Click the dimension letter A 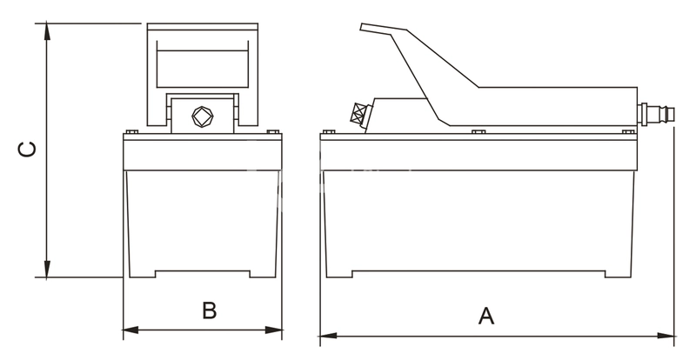click(486, 316)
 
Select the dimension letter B click(209, 310)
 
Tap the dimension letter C click(28, 149)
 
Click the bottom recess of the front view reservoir click(203, 274)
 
